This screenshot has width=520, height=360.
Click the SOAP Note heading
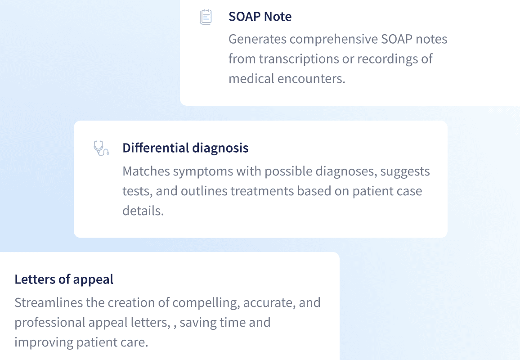(x=260, y=17)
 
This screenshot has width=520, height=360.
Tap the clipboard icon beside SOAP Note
(x=206, y=17)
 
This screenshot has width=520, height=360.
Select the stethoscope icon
(x=101, y=148)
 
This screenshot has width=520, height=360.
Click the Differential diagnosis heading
(x=185, y=148)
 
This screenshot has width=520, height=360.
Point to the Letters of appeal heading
(x=64, y=279)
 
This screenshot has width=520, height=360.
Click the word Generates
(x=257, y=39)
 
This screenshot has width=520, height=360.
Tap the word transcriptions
(x=299, y=59)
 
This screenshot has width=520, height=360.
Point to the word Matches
(x=146, y=171)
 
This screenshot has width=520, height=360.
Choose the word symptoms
(x=200, y=171)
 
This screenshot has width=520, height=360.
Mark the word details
(x=143, y=211)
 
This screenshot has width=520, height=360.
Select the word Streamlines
(x=49, y=302)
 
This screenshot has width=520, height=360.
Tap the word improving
(x=42, y=342)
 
